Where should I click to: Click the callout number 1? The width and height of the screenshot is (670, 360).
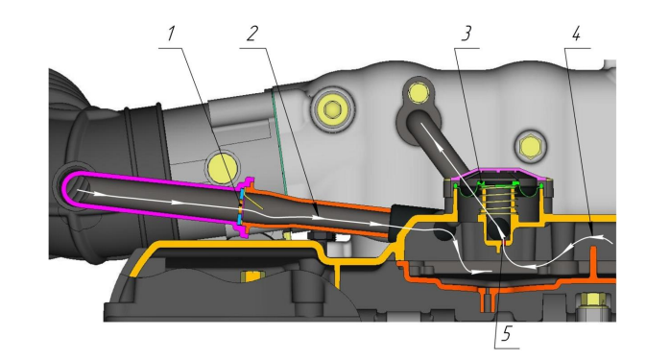[172, 34]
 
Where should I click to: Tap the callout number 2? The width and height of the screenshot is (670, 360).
[252, 34]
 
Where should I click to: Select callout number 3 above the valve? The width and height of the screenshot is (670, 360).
[467, 34]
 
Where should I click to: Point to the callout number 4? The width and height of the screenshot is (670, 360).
[577, 34]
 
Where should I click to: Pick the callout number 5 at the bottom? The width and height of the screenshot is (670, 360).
[507, 333]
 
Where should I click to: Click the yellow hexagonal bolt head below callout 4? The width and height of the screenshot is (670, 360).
[530, 147]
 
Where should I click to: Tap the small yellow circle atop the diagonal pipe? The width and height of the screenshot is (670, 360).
[418, 91]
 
